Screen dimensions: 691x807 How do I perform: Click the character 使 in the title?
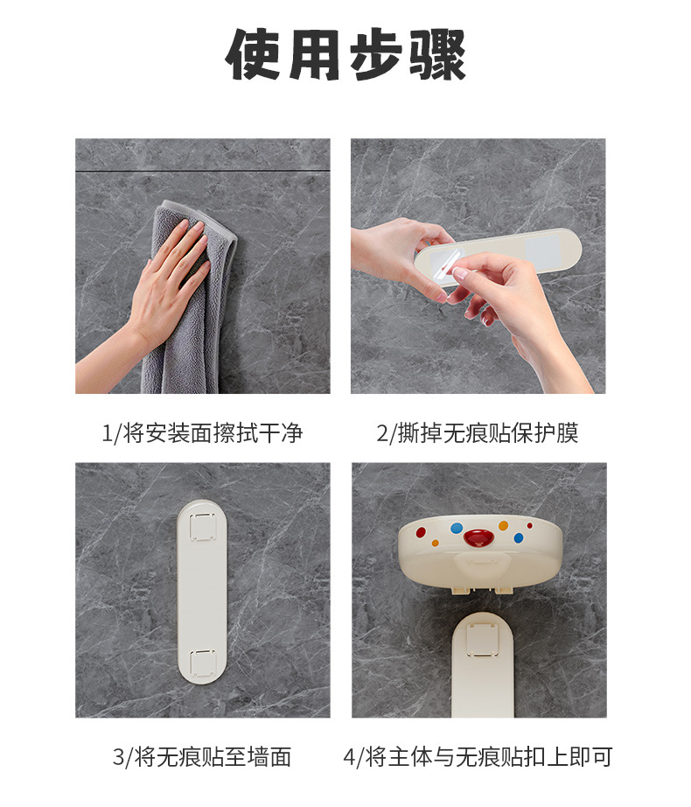point(253,54)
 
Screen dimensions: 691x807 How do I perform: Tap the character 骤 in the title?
point(437,54)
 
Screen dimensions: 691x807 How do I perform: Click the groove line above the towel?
point(203,171)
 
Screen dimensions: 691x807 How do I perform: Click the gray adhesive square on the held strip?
point(541,249)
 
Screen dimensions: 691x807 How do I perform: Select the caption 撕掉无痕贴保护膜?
point(488,433)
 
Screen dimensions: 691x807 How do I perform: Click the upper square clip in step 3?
point(202,526)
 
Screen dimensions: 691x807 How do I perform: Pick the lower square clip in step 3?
point(202,663)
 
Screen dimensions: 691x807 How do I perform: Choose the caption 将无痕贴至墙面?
point(213,757)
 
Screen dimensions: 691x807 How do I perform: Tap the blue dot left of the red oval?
point(457,528)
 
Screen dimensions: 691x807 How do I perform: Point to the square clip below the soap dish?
point(482,639)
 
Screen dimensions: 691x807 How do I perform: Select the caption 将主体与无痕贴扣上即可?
point(489,757)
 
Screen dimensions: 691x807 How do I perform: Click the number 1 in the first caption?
point(107,433)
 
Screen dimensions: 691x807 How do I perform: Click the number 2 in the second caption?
point(383,433)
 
